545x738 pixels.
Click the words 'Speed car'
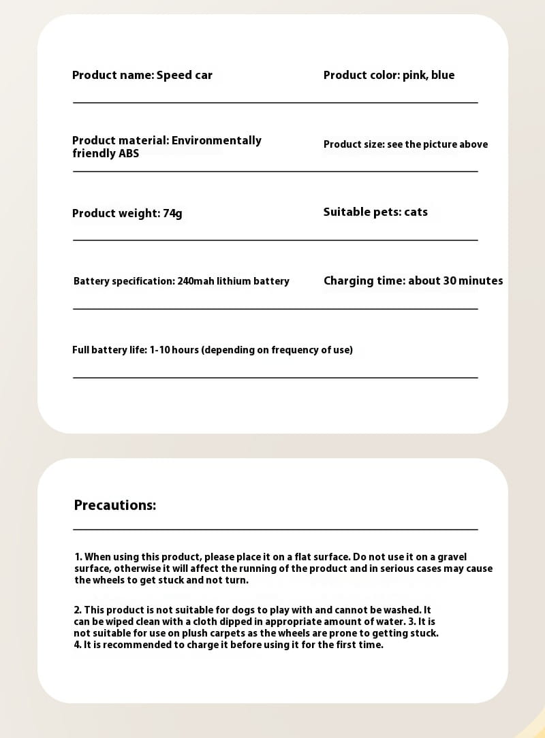click(x=184, y=76)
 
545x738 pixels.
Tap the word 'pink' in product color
click(x=414, y=76)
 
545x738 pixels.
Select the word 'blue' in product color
click(x=443, y=76)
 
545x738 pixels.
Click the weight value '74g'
click(x=172, y=214)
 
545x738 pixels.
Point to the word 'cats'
click(x=416, y=212)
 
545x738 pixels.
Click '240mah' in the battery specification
click(x=196, y=281)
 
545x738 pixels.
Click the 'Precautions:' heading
click(x=114, y=505)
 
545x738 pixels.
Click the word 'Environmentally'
click(x=216, y=140)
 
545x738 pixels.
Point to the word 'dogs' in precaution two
click(x=242, y=610)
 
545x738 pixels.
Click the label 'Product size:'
click(x=354, y=144)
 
